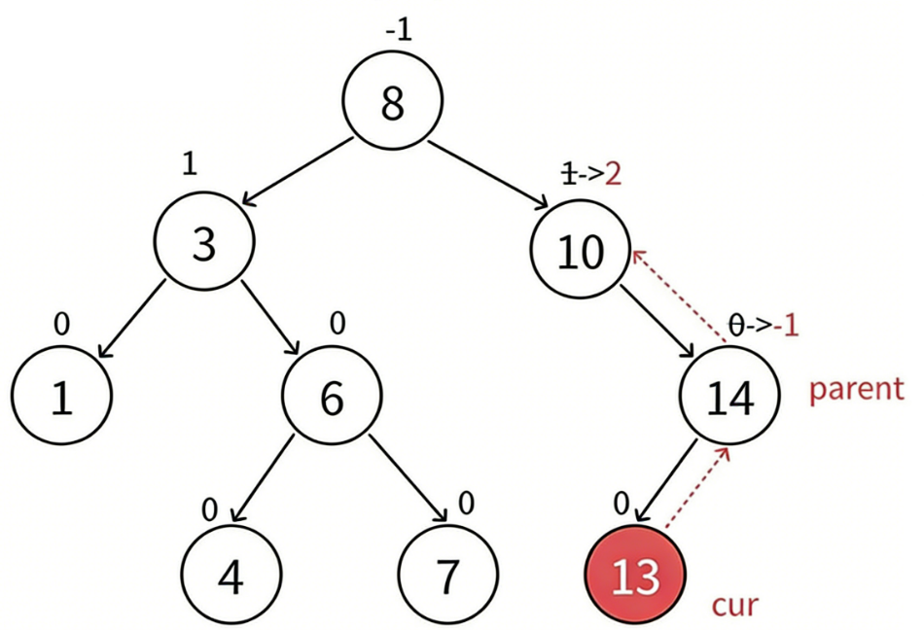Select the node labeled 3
pos(203,243)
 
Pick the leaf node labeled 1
pos(61,399)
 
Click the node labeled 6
pos(332,399)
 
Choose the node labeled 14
pos(729,399)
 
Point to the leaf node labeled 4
pos(231,577)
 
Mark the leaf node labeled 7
pos(446,577)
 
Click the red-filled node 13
pos(636,577)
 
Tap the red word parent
pos(856,389)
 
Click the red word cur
pos(734,604)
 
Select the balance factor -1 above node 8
pos(399,30)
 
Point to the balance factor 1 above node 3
pos(190,163)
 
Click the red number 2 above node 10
pos(613,174)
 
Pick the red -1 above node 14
pos(785,325)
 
